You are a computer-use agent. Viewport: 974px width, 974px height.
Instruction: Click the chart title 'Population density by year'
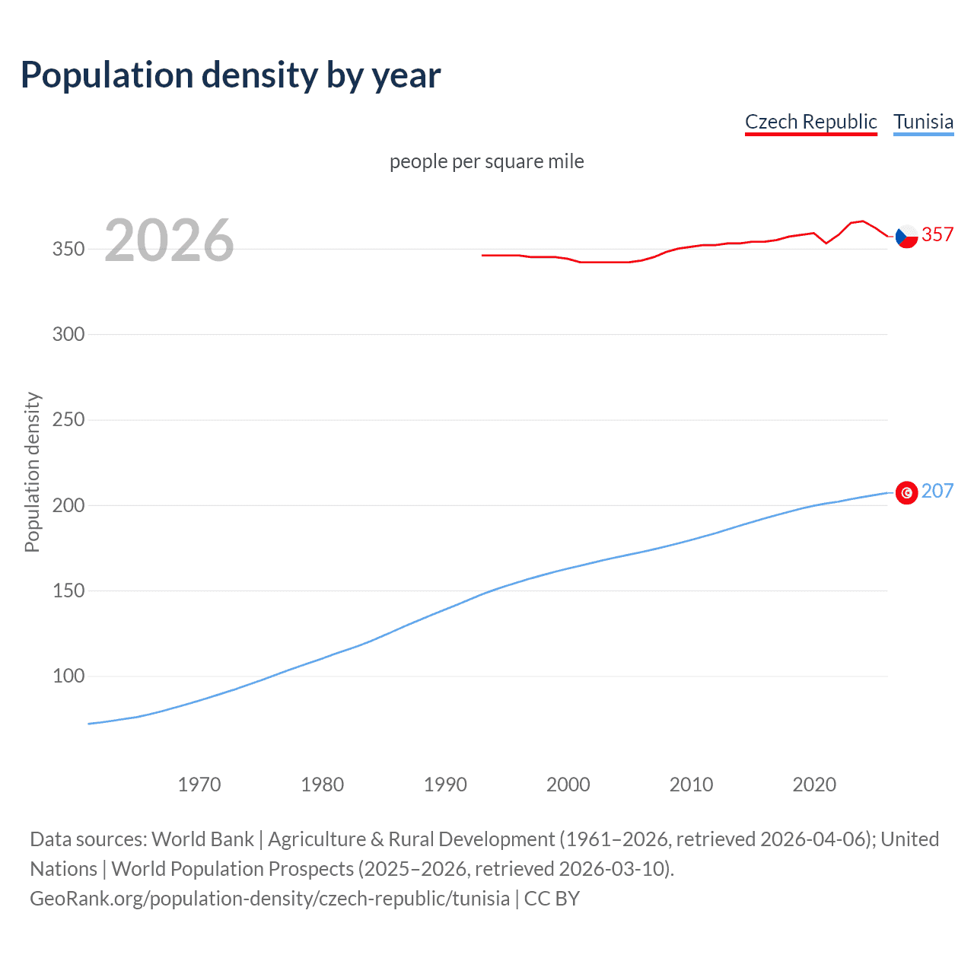[231, 75]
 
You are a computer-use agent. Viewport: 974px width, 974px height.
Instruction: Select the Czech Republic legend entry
[810, 122]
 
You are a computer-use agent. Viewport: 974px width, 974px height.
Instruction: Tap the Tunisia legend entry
[923, 122]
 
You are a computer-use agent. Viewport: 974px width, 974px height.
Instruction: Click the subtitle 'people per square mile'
[486, 161]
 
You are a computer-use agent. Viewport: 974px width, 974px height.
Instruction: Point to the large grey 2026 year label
[169, 240]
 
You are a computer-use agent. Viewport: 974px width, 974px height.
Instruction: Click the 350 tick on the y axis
[68, 249]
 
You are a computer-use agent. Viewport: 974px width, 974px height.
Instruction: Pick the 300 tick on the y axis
[68, 334]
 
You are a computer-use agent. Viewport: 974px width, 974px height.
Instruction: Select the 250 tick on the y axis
[68, 419]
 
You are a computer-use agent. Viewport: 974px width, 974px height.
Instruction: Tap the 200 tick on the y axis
[68, 505]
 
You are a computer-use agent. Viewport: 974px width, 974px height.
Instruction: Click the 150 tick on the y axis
[68, 590]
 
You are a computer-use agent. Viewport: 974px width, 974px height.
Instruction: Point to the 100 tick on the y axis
[68, 676]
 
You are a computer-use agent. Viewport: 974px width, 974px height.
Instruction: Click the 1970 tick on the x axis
[199, 785]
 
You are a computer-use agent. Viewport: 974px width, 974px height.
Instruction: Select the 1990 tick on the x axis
[445, 785]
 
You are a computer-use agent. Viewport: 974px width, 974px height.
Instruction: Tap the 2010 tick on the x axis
[691, 785]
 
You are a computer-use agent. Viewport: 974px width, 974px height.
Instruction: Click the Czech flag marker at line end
[906, 237]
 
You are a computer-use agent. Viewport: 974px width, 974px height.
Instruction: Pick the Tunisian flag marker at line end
[906, 493]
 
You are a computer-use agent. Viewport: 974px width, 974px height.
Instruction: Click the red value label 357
[937, 234]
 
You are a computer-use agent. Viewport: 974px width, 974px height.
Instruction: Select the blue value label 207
[937, 491]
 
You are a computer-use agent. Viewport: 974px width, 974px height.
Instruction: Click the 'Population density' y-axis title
[32, 472]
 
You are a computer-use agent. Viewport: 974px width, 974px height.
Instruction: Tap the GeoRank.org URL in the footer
[269, 899]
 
